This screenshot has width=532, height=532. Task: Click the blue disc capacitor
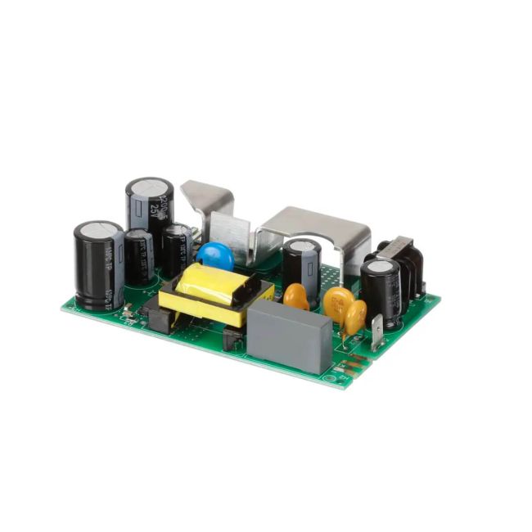click(215, 255)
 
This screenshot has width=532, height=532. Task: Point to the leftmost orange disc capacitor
click(295, 296)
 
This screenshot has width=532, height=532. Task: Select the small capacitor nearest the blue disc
click(177, 250)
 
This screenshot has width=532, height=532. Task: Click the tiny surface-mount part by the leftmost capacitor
click(128, 310)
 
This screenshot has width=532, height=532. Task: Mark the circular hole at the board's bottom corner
click(331, 376)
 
